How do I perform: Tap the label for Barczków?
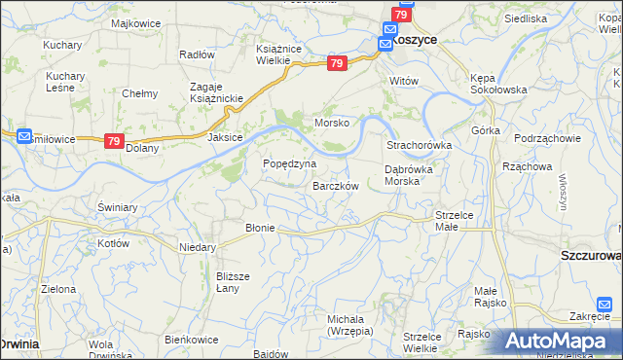pos(336,186)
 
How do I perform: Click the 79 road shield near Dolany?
pos(114,141)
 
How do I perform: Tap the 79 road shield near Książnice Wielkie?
pos(337,63)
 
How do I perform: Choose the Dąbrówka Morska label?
pos(415,175)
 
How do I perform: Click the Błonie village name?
pos(260,228)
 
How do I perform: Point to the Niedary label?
pos(197,247)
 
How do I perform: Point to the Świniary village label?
pos(115,207)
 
